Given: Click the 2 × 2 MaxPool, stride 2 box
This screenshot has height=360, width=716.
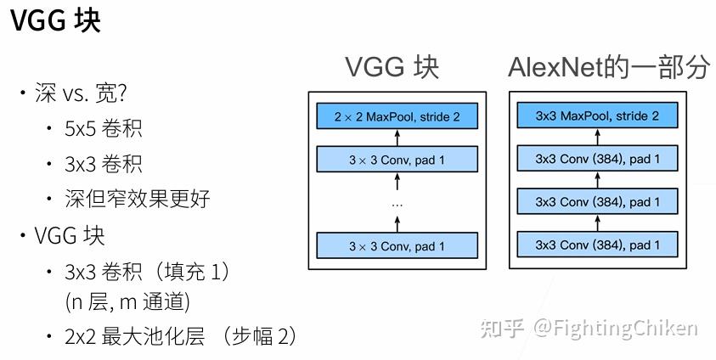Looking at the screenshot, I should (397, 116).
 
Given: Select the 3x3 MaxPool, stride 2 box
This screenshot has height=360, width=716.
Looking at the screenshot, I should (598, 116).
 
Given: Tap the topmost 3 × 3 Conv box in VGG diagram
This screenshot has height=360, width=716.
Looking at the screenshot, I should (397, 159).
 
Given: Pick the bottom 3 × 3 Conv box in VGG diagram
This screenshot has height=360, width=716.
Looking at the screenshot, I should (397, 246).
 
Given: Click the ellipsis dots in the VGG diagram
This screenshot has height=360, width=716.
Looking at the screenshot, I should (397, 204).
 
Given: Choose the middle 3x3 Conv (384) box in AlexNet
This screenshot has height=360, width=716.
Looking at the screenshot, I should (598, 202).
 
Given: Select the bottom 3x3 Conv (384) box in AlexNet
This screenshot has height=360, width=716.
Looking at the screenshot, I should (598, 245).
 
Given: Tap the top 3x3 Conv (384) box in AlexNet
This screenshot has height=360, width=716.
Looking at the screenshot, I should (598, 159).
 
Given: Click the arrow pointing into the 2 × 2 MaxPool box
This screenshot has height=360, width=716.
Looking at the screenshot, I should (397, 138).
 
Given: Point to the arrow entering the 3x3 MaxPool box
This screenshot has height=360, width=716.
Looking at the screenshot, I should (598, 138).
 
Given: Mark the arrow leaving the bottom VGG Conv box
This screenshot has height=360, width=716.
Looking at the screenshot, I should (397, 223).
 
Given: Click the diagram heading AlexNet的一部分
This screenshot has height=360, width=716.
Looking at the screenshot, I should (608, 68).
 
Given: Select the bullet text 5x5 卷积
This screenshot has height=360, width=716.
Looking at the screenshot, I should (103, 128).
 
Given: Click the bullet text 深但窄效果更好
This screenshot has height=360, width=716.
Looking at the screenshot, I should (138, 199).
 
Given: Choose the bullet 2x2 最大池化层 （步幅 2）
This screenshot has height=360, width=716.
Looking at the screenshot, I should (180, 336).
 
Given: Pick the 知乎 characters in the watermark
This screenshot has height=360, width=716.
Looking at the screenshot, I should (503, 329).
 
